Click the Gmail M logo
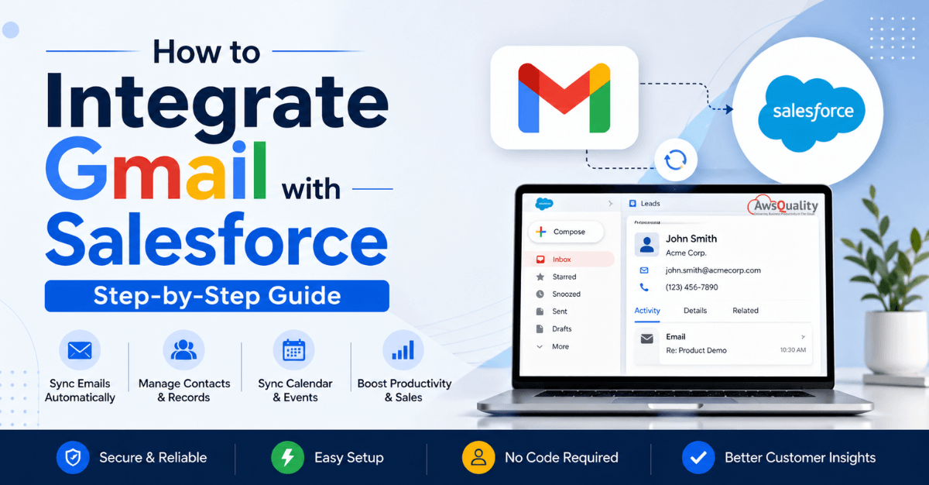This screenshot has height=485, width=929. coord(564,98)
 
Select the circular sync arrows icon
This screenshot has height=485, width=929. coord(675,160)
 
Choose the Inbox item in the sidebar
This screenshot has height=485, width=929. coord(562,260)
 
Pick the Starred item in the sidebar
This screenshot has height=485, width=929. coord(564,277)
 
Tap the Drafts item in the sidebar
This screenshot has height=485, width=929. coord(562,329)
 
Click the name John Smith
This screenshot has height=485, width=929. coord(691,239)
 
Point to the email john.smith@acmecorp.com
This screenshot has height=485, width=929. coord(713,270)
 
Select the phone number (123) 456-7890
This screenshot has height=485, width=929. coord(691,287)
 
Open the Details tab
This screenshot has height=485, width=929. coord(695,311)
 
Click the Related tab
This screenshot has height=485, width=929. coord(746,311)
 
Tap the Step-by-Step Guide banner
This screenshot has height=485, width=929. coord(217,296)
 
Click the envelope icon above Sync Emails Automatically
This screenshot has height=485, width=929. coord(80,351)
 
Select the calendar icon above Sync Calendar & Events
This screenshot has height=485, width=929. coord(293,351)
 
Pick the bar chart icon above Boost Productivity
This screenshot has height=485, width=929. coord(403,351)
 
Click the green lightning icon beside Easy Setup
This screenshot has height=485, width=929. coord(287,458)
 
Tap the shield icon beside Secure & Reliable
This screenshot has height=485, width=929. coord(73,458)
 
